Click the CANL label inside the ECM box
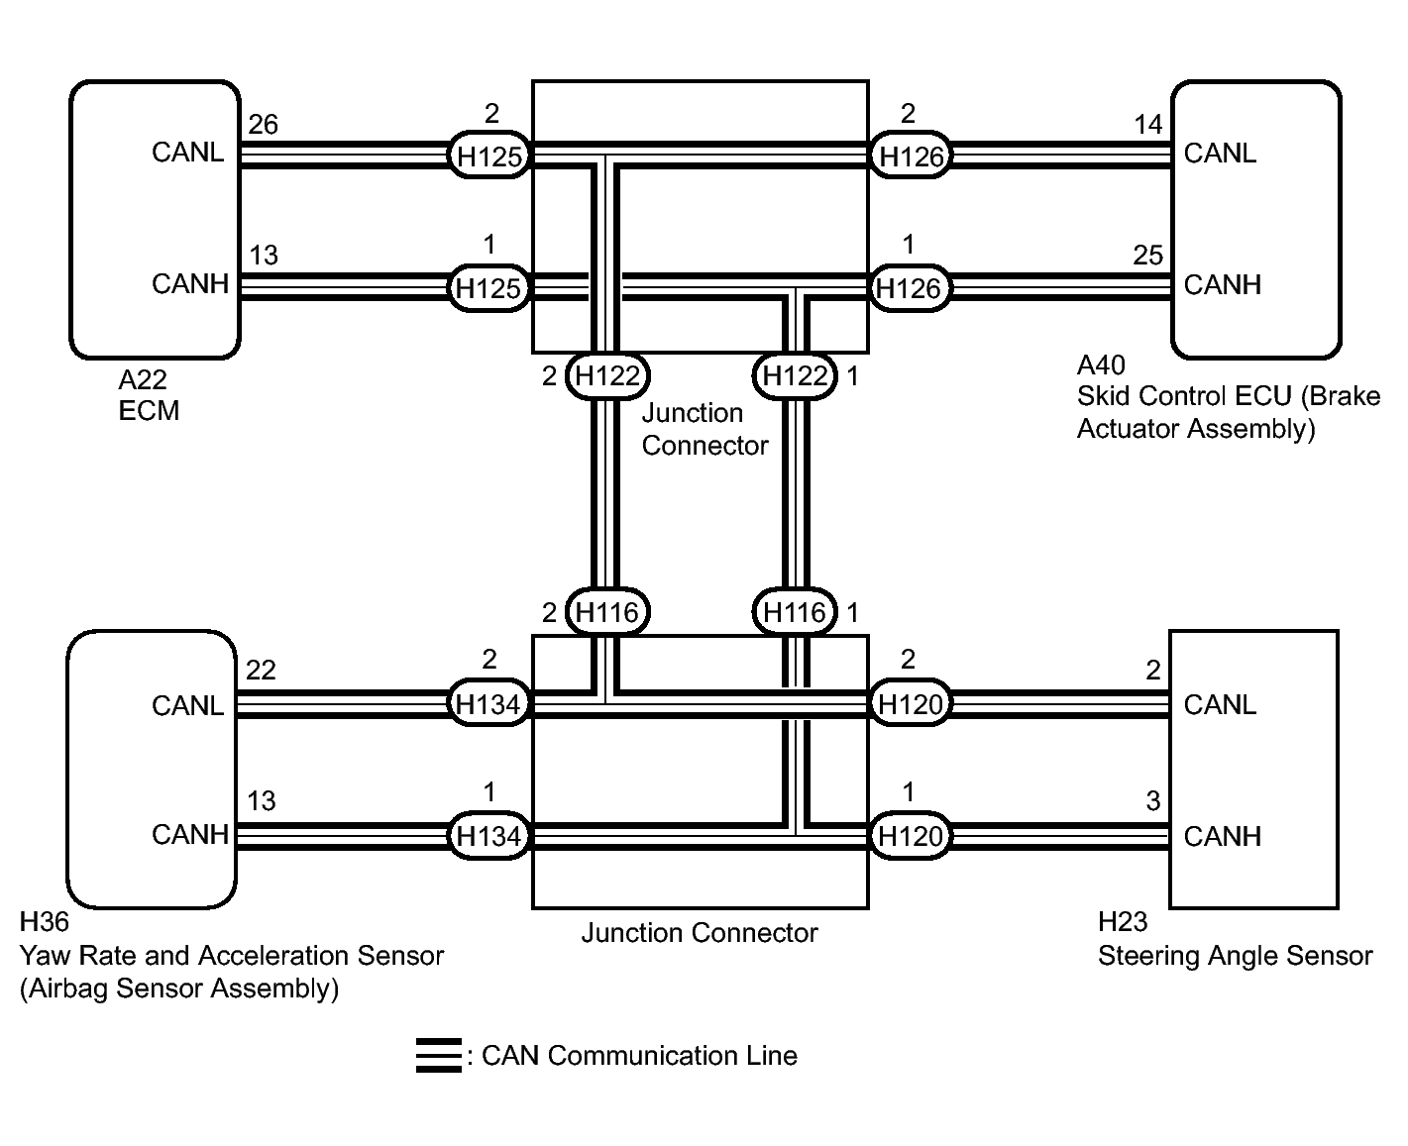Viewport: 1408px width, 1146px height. pyautogui.click(x=187, y=153)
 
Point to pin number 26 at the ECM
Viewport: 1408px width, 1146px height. pyautogui.click(x=264, y=125)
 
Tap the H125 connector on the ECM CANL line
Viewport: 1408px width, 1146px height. pyautogui.click(x=488, y=156)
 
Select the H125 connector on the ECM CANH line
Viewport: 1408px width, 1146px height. pyautogui.click(x=488, y=288)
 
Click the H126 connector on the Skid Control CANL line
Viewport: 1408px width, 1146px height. pyautogui.click(x=911, y=156)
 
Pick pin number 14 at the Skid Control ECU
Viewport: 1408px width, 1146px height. pyautogui.click(x=1147, y=125)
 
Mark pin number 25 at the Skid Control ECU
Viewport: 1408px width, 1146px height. pyautogui.click(x=1147, y=256)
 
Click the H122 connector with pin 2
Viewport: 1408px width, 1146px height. pyautogui.click(x=607, y=376)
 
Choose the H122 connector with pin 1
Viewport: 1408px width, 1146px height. pyautogui.click(x=795, y=376)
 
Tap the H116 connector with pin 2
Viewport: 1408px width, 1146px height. pyautogui.click(x=607, y=613)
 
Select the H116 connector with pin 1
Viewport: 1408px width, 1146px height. pyautogui.click(x=795, y=613)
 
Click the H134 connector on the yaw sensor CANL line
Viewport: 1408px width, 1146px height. pyautogui.click(x=488, y=704)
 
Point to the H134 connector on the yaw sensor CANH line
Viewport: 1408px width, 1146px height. pyautogui.click(x=488, y=836)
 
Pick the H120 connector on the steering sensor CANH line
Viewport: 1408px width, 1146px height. pyautogui.click(x=911, y=836)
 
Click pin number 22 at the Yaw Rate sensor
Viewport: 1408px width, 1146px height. pyautogui.click(x=261, y=671)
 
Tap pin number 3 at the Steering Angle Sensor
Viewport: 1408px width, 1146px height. pyautogui.click(x=1152, y=801)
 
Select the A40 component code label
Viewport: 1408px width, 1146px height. pyautogui.click(x=1101, y=365)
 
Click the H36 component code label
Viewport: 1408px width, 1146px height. pyautogui.click(x=45, y=922)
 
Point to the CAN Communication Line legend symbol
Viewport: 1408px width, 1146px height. pyautogui.click(x=438, y=1056)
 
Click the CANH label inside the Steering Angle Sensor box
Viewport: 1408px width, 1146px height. pyautogui.click(x=1222, y=837)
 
